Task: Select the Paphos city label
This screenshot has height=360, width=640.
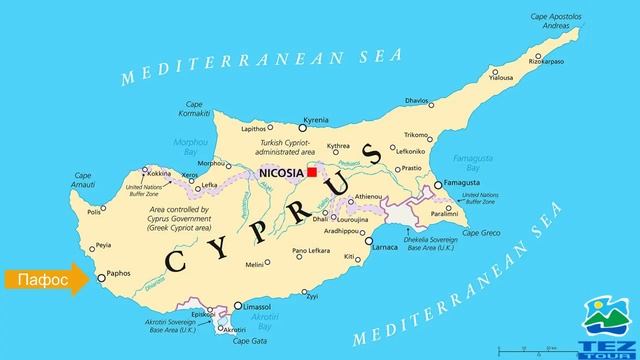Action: [118, 271]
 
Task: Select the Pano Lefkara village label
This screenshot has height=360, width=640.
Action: [311, 250]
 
